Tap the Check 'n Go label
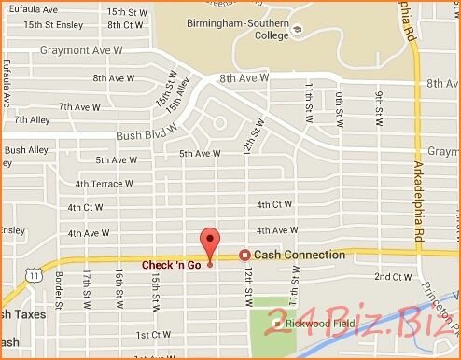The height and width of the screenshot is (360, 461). [173, 265]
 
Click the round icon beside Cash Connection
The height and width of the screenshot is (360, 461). [244, 255]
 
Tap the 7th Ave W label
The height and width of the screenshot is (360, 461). [78, 106]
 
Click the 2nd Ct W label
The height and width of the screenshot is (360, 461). [393, 277]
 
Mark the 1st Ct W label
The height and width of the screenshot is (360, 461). [155, 333]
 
